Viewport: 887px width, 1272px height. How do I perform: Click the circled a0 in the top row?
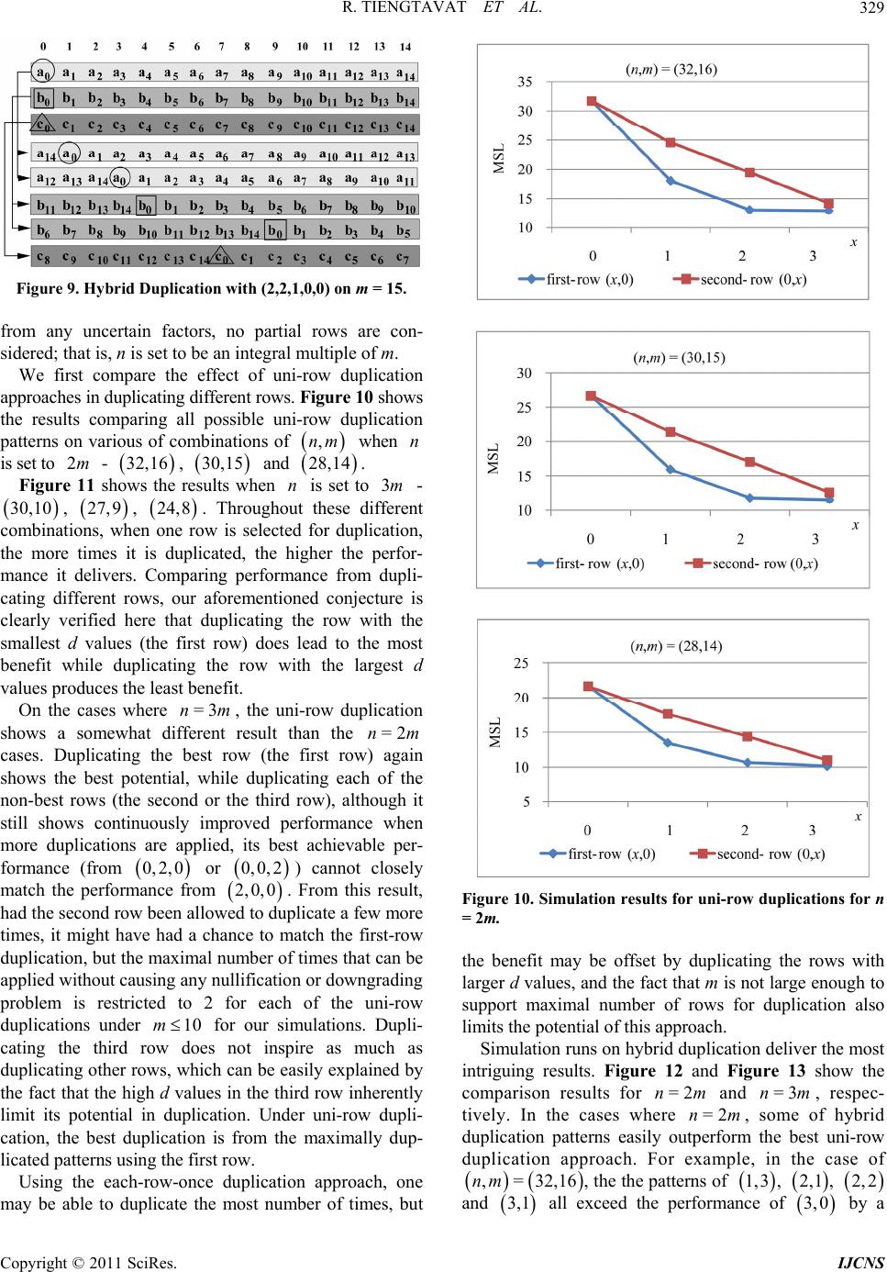pos(42,73)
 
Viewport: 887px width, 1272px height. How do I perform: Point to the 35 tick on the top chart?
pos(525,83)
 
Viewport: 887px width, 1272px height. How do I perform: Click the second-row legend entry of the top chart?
pos(740,279)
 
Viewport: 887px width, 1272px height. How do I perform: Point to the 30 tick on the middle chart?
pos(524,374)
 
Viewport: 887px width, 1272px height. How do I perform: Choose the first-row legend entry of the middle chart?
pos(585,563)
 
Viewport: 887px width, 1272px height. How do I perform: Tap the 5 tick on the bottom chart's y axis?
pos(527,802)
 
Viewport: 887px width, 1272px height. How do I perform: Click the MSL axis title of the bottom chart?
pos(495,732)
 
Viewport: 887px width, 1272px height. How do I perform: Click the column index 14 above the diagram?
pos(405,47)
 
